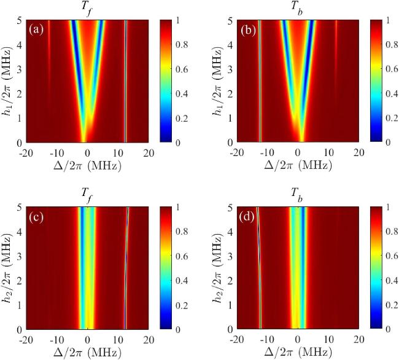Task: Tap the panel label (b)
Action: point(247,30)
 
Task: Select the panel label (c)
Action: point(36,217)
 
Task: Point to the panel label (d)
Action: point(247,217)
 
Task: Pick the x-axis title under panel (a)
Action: point(87,166)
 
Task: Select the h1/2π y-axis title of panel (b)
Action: point(218,80)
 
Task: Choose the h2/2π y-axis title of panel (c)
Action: point(7,268)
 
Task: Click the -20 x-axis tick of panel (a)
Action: point(26,153)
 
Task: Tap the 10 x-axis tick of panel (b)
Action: point(329,153)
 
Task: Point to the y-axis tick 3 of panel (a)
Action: point(20,69)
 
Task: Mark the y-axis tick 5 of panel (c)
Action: point(20,208)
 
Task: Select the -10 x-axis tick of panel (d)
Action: point(266,340)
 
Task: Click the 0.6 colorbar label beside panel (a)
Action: point(182,69)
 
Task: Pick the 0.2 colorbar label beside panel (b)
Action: point(392,118)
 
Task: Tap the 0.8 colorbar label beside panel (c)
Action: point(182,232)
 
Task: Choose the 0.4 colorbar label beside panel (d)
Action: point(392,281)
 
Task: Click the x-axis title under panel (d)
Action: point(298,353)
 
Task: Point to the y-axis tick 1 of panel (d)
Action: point(230,305)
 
